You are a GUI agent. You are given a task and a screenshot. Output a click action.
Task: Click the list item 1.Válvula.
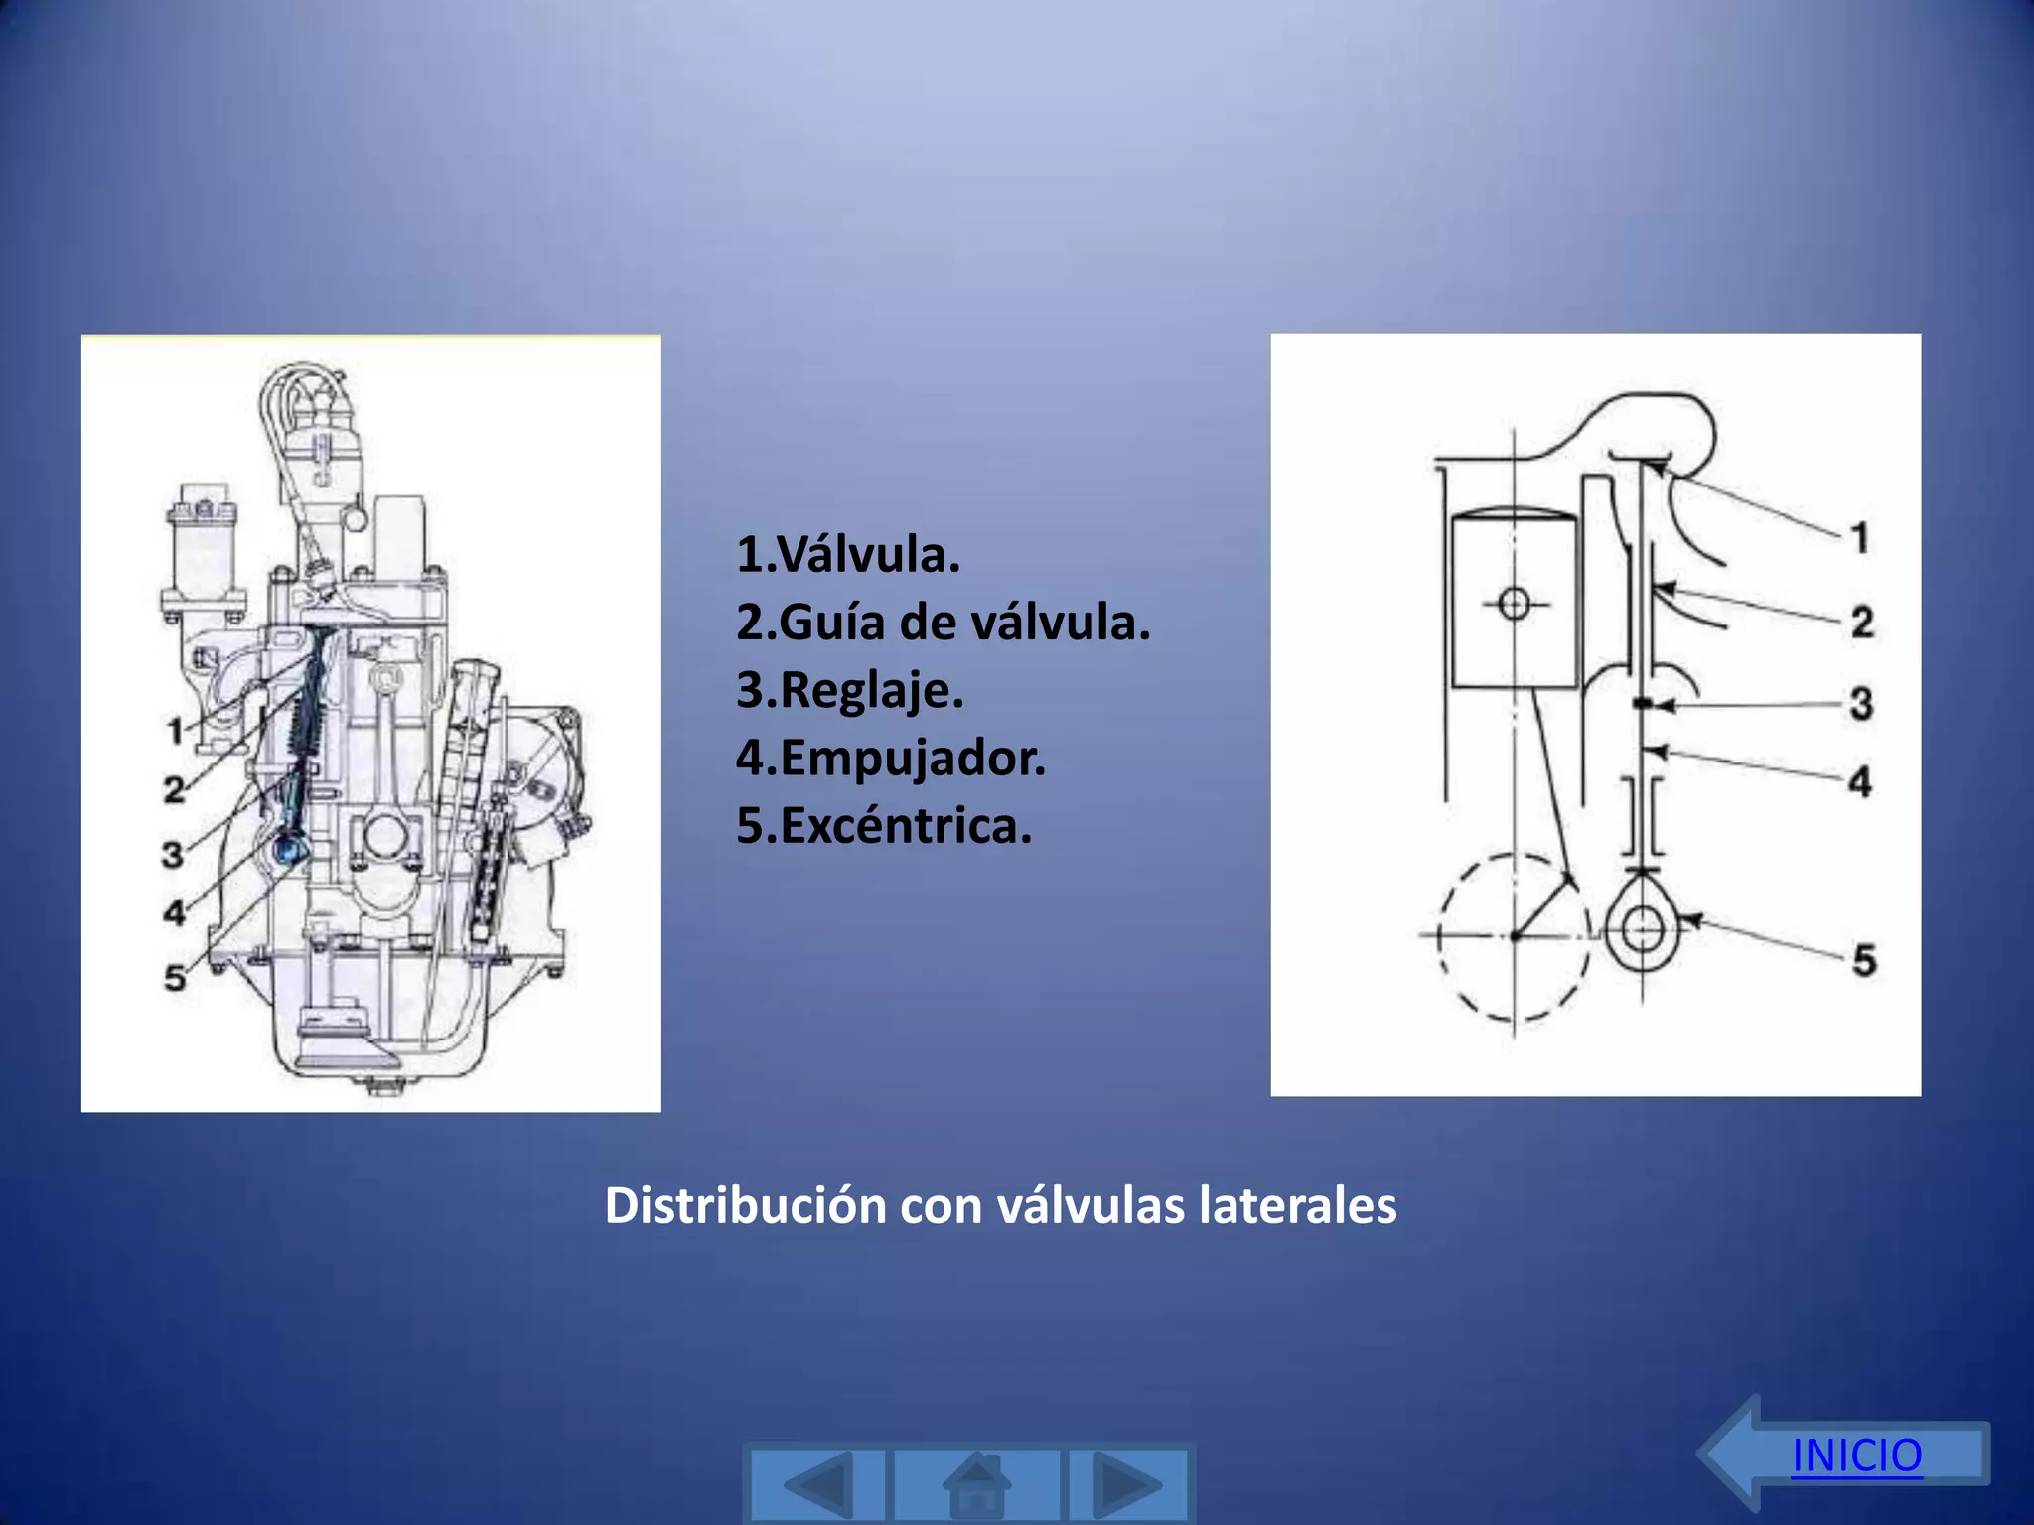(848, 554)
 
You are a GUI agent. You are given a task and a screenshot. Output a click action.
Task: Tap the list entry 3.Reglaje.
(850, 690)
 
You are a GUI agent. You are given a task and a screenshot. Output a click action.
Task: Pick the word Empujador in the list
(913, 758)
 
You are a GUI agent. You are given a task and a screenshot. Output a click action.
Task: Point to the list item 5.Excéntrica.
(884, 825)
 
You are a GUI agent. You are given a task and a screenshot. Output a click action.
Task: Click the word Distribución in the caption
(745, 1205)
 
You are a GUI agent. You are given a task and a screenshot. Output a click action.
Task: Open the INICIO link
(1856, 1456)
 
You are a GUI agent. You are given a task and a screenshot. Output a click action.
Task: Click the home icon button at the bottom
(977, 1485)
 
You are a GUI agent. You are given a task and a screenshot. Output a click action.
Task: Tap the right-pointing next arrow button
(1128, 1485)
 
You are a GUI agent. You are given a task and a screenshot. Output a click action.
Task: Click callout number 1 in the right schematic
(1860, 538)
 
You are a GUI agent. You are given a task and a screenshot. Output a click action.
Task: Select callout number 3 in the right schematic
(1861, 704)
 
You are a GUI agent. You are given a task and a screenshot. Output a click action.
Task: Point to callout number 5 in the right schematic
(1864, 960)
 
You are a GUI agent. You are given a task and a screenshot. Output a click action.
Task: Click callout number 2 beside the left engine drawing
(175, 790)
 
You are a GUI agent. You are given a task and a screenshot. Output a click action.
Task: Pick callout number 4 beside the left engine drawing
(175, 911)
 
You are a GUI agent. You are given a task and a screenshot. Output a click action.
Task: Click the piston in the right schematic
(1514, 602)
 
